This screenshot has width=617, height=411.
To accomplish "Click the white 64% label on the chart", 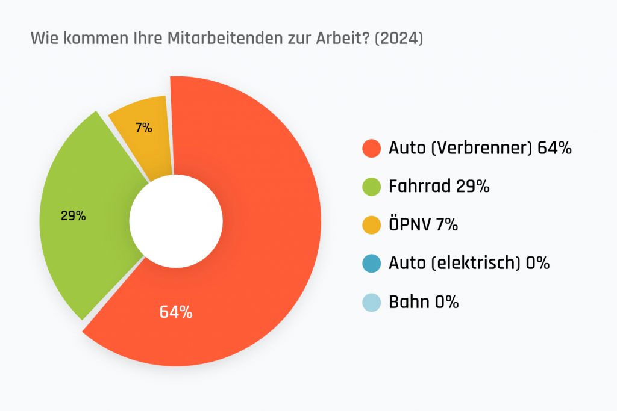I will [x=176, y=312].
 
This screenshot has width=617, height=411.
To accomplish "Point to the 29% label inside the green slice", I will [x=74, y=215].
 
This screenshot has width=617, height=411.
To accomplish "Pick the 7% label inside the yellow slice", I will [x=143, y=128].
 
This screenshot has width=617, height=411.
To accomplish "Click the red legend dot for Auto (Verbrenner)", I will [x=371, y=148].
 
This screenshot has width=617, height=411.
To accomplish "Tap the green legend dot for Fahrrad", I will [x=371, y=187].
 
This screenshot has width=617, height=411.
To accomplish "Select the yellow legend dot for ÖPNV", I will [x=371, y=224].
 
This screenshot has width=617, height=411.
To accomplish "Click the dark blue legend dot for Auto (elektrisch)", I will [x=371, y=263].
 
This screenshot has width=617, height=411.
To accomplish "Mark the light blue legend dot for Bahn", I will [x=371, y=301].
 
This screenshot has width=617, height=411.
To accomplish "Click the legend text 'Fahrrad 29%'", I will [x=439, y=187].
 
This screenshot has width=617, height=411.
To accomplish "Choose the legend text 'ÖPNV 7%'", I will [x=424, y=224].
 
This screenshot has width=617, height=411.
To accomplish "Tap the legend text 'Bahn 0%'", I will [x=424, y=301].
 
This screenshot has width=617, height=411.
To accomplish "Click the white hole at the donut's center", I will [x=176, y=221].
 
